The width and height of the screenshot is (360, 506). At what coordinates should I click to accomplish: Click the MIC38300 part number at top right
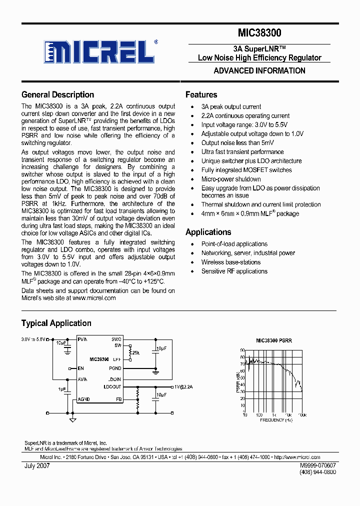259,33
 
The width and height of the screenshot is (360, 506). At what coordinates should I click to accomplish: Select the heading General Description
57,94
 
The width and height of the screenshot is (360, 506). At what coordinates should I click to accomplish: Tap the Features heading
201,94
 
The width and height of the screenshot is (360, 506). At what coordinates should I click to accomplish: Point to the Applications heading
208,232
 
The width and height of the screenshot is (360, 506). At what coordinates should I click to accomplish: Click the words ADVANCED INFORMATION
259,70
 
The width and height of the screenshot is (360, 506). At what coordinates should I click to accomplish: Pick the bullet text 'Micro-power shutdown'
231,179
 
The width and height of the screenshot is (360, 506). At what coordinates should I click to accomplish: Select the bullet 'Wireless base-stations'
231,262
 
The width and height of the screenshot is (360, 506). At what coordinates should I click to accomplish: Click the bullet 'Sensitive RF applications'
234,271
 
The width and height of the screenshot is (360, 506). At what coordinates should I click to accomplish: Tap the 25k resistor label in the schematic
135,353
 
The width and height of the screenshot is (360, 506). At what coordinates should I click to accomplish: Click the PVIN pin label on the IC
82,339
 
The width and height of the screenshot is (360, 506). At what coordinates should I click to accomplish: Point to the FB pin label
118,399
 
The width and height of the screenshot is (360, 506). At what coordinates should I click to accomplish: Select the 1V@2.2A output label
183,387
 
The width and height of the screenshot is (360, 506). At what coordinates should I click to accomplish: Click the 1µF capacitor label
61,388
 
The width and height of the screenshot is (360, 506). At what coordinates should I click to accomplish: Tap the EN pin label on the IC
80,368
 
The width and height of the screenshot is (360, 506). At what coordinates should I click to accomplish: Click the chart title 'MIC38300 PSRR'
273,340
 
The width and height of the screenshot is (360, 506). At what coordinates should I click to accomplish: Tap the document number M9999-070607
318,465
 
